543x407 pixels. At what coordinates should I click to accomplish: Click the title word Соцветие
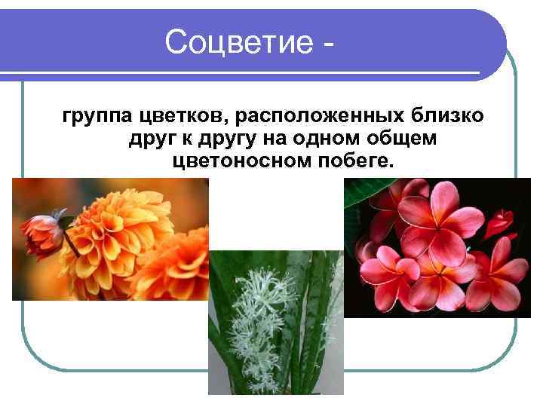coord(238,42)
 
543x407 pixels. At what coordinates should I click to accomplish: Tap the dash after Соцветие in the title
coord(326,45)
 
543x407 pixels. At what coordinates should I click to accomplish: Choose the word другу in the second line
coord(217,140)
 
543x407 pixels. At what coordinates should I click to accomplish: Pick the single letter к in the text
coord(181,140)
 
